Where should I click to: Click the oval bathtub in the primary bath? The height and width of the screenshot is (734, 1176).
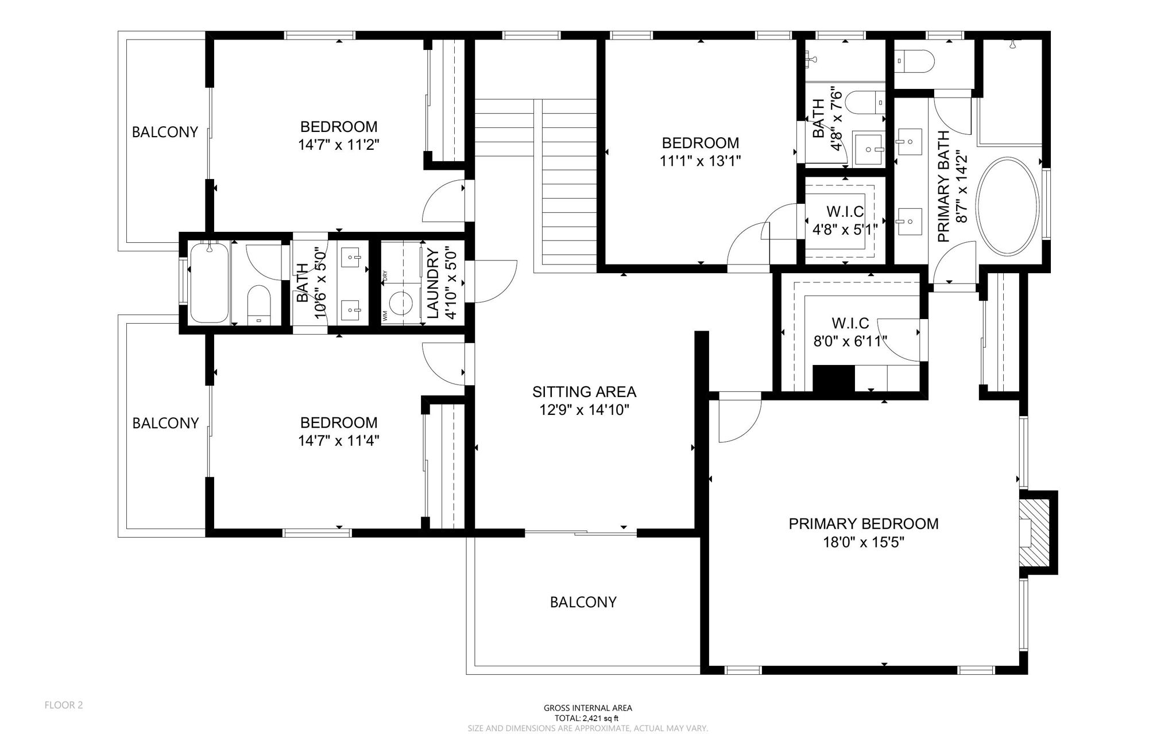tap(1008, 207)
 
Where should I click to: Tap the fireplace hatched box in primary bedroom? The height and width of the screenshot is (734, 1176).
tap(1038, 532)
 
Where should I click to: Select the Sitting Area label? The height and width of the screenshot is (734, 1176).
tap(584, 392)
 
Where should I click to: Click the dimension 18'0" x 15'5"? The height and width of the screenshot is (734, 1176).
tap(863, 542)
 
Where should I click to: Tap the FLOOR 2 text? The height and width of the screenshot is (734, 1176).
tap(64, 705)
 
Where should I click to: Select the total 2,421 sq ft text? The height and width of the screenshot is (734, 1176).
tap(587, 718)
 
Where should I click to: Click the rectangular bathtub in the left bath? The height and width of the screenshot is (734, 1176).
tap(209, 283)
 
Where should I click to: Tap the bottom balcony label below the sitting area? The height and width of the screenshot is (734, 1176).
tap(583, 602)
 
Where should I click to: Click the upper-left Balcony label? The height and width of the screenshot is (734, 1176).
tap(165, 132)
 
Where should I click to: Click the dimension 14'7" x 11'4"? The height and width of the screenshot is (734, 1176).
tap(338, 441)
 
